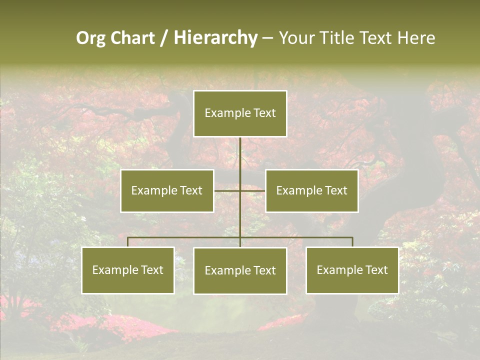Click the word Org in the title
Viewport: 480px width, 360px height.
(x=90, y=38)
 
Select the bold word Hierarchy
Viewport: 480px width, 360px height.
(x=215, y=38)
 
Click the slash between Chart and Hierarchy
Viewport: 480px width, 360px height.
(x=164, y=38)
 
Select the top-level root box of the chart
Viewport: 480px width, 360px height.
(x=240, y=113)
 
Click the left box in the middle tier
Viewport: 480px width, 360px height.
(x=167, y=190)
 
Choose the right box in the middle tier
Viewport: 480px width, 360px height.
(x=311, y=190)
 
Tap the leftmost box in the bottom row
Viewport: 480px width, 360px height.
(x=128, y=270)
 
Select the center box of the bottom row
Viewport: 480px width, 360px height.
(x=240, y=270)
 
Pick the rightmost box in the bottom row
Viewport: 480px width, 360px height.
(x=352, y=270)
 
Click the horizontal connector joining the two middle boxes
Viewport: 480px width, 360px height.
(x=227, y=190)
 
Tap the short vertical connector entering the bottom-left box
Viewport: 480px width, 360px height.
(x=128, y=242)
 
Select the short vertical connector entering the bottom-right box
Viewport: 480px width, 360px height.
(x=352, y=242)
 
